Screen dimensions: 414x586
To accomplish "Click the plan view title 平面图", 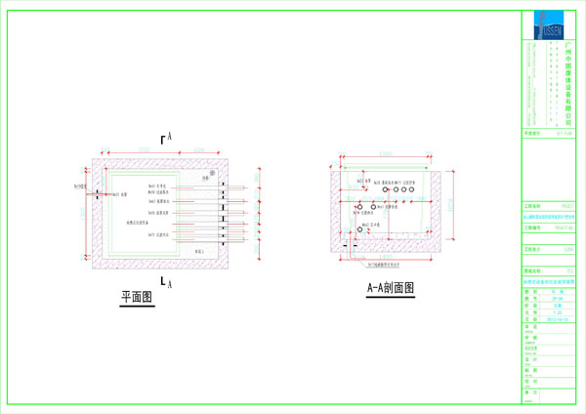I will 140,296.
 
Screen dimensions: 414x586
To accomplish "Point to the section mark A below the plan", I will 169,283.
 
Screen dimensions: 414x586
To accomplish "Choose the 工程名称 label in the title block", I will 531,207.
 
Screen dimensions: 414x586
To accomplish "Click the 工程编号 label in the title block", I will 531,227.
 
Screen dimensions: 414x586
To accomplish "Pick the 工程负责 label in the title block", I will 531,250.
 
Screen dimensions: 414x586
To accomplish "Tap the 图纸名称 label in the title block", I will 531,271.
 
